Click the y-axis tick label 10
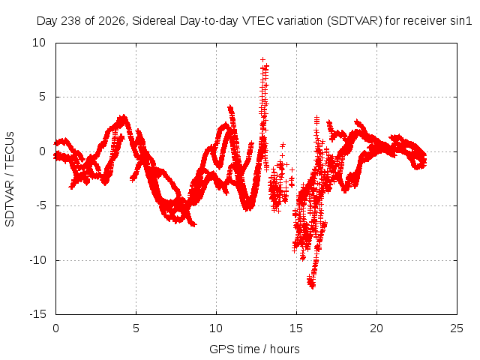[39, 43]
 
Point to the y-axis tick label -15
[37, 314]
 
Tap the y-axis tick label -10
[37, 260]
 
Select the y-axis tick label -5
[40, 205]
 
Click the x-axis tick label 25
[457, 328]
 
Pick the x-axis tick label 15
[296, 328]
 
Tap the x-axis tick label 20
[376, 328]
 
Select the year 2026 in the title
[112, 21]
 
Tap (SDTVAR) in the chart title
[355, 21]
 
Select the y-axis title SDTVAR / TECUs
[10, 179]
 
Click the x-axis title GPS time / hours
[254, 349]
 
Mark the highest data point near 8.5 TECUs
[262, 59]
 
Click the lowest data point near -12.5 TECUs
[313, 286]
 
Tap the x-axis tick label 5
[136, 328]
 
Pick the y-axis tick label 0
[42, 151]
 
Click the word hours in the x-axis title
[285, 349]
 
